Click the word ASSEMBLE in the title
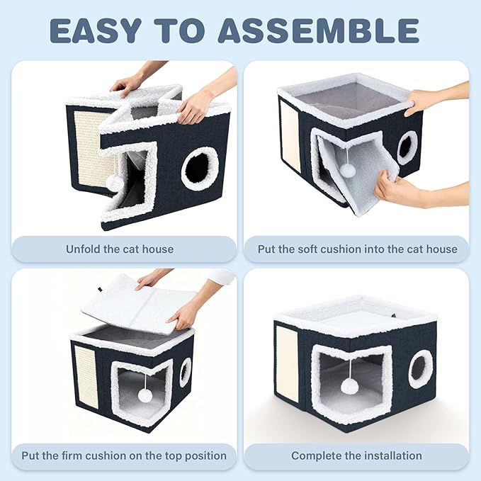(318, 30)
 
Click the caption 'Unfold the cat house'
(120, 249)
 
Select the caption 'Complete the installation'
(356, 455)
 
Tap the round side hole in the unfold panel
(200, 169)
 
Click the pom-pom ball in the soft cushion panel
(348, 169)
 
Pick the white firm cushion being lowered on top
(138, 304)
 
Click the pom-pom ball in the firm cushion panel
(145, 395)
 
